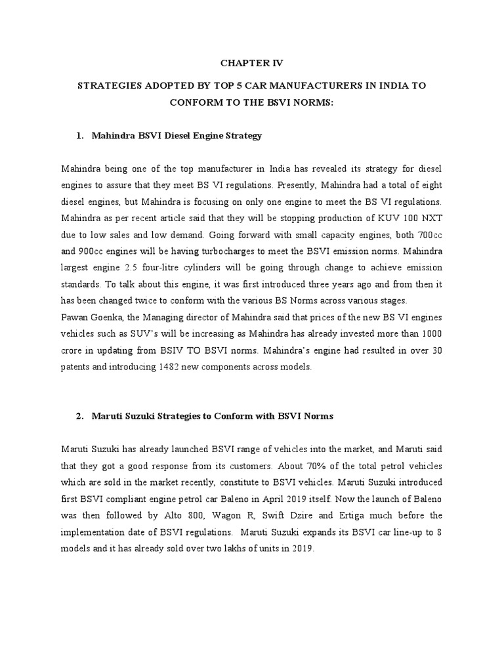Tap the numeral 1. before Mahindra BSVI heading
79,136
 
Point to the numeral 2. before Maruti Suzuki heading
79,415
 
